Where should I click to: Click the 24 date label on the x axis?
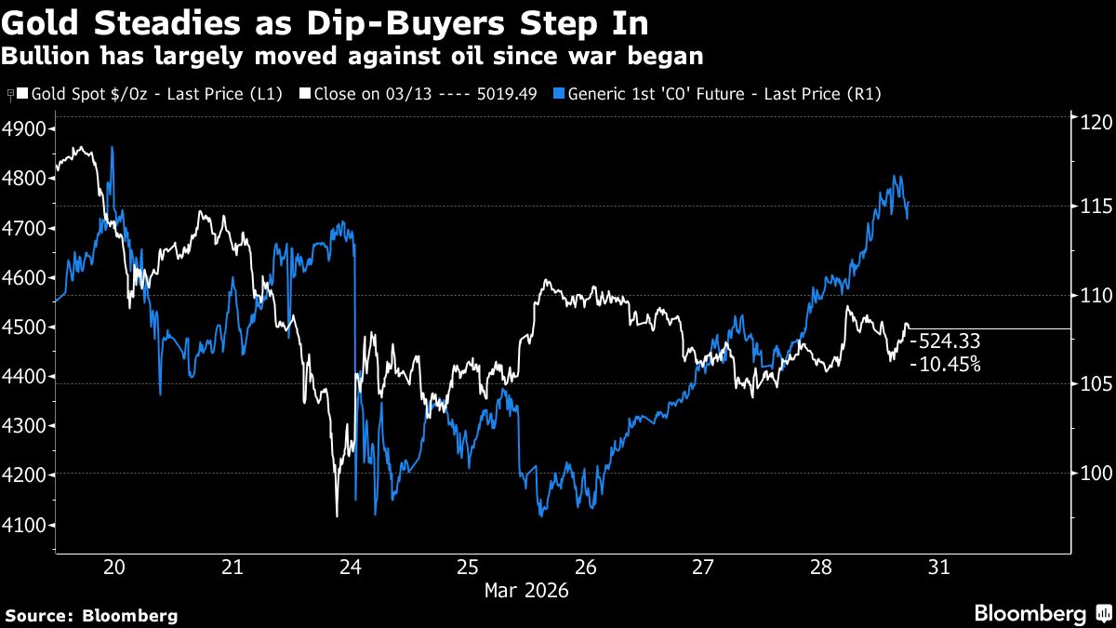click(351, 568)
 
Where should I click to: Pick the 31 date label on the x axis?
click(938, 568)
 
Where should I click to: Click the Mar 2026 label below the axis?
click(525, 590)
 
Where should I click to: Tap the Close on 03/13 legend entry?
click(422, 94)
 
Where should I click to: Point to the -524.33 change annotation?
click(945, 341)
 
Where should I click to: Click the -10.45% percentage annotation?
click(945, 365)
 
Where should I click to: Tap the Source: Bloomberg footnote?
click(91, 615)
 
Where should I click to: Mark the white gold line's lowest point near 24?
click(336, 515)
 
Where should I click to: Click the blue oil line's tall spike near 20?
click(112, 147)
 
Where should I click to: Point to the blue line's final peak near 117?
click(896, 176)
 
